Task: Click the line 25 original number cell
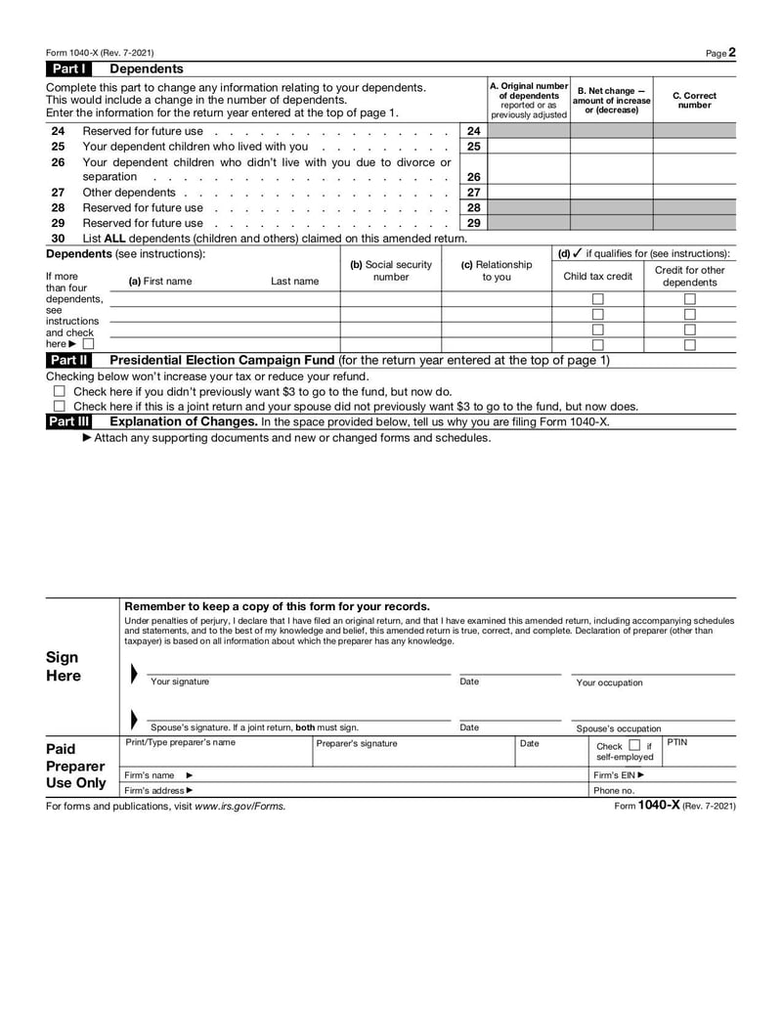pos(528,147)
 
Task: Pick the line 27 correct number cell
pos(695,193)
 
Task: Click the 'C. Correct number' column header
pos(695,101)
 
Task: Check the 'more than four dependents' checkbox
pos(89,344)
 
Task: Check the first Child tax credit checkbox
pos(598,299)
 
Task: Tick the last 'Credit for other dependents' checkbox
pos(690,344)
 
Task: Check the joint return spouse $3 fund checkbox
pos(59,407)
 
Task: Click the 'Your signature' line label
pos(180,682)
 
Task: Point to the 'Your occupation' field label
pos(609,682)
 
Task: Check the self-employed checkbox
pos(634,746)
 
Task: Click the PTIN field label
pos(677,743)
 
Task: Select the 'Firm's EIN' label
pos(619,774)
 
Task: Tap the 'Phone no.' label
pos(614,790)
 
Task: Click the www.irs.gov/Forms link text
pos(240,807)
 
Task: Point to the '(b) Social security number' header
pos(390,271)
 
